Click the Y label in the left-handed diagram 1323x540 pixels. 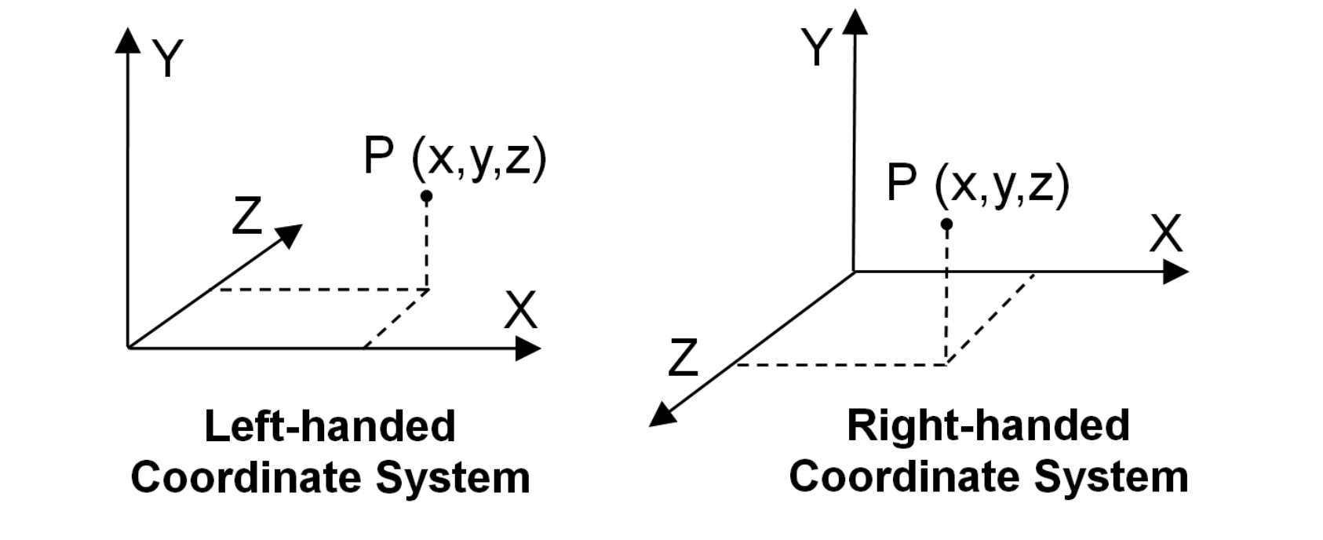click(168, 58)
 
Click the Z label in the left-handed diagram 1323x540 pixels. click(246, 216)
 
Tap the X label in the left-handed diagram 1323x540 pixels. click(520, 310)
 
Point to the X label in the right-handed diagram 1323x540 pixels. click(1165, 233)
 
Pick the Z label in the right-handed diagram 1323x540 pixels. click(683, 358)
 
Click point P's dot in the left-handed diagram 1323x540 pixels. click(426, 195)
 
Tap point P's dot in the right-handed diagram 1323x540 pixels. click(946, 224)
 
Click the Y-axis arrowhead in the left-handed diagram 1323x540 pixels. click(127, 41)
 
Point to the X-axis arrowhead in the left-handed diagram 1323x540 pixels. click(527, 348)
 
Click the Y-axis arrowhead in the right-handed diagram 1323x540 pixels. click(855, 21)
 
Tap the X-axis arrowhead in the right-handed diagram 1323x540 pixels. click(1175, 272)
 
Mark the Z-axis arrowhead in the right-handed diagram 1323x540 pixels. click(662, 414)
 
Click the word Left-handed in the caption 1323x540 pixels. click(330, 426)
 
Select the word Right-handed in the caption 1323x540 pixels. click(988, 425)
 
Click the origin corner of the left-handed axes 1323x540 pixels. click(128, 347)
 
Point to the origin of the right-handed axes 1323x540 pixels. click(854, 272)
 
